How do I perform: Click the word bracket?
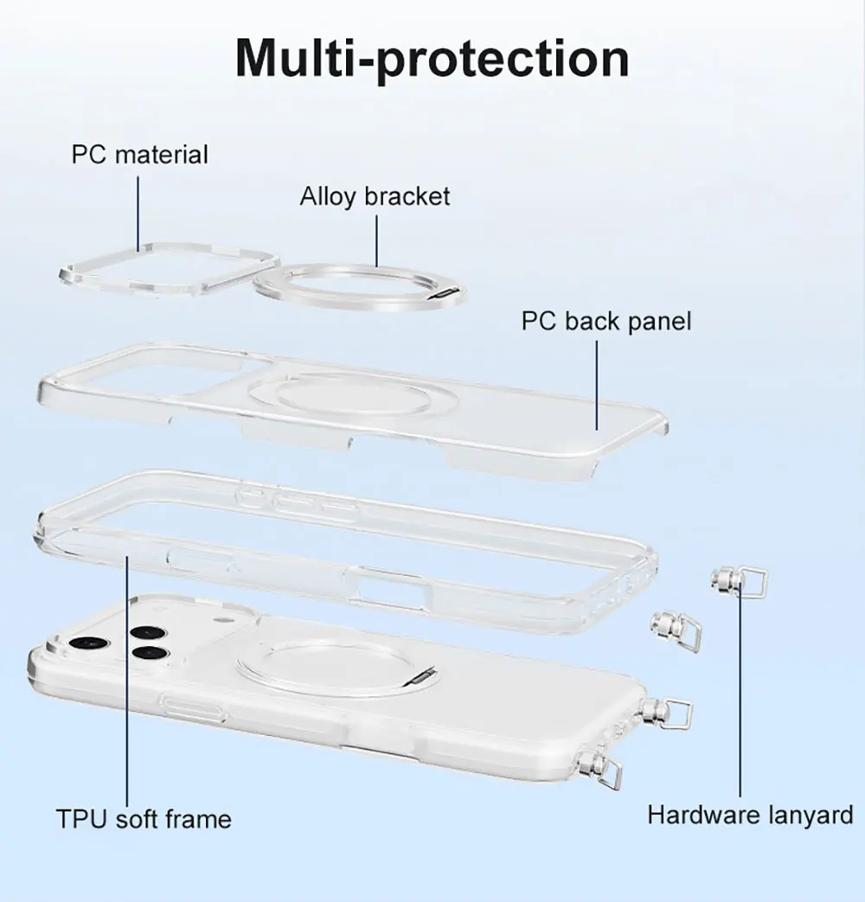click(x=407, y=196)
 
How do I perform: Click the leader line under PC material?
click(x=138, y=212)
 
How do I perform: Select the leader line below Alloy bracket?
click(x=377, y=240)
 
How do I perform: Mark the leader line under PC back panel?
click(x=597, y=381)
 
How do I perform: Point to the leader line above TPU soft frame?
click(x=128, y=675)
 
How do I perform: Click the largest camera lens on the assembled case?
click(x=86, y=644)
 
